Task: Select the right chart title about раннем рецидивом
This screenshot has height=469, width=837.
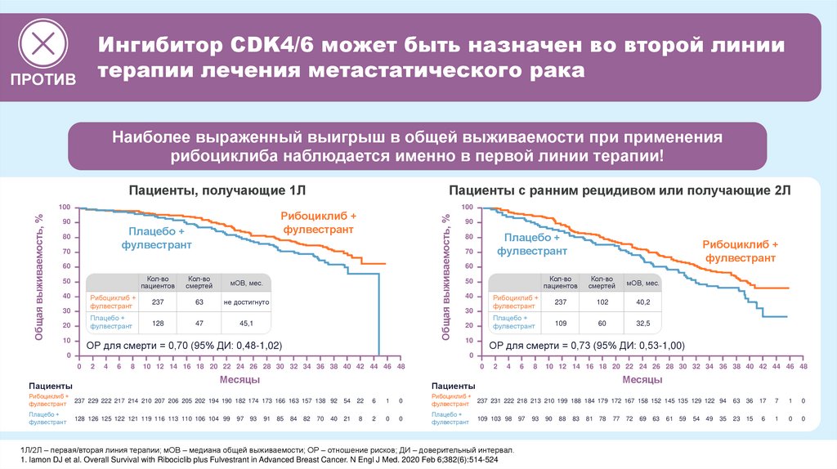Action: (x=620, y=190)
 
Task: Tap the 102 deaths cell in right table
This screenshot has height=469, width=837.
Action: (x=602, y=301)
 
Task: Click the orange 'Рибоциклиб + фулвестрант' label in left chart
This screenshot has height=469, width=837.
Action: (x=319, y=223)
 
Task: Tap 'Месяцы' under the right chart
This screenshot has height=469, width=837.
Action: (x=642, y=381)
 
